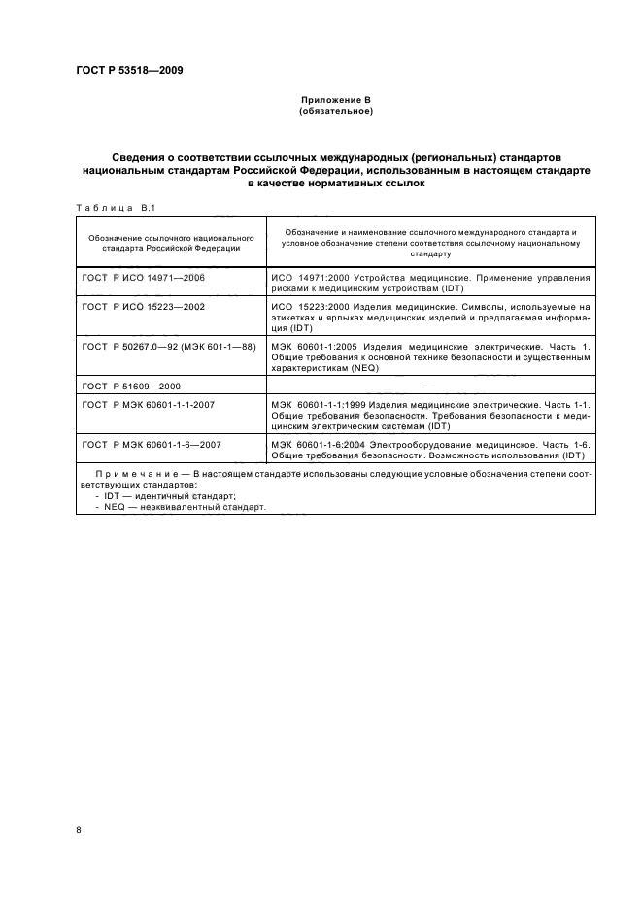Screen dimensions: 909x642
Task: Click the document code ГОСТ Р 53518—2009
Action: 129,71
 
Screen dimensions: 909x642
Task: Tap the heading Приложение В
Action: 335,100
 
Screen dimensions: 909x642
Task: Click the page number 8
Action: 79,829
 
